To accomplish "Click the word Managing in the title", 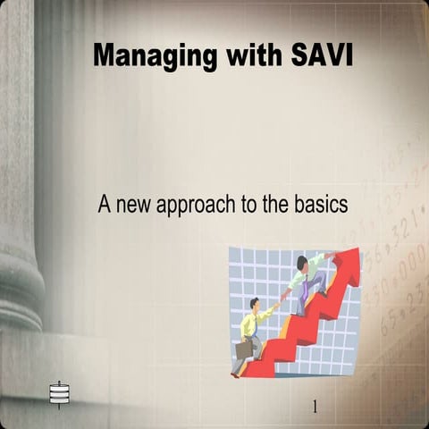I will point(155,55).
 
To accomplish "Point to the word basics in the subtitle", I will point(318,204).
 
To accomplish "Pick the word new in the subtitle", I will point(134,205).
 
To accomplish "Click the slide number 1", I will point(315,407).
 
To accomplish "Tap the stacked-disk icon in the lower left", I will point(59,392).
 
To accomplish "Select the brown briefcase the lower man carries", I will point(244,348).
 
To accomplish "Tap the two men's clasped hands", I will point(279,301).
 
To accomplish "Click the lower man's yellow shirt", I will point(249,324).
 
